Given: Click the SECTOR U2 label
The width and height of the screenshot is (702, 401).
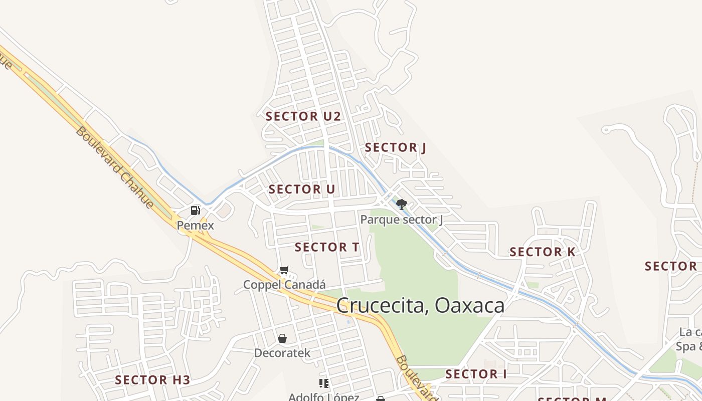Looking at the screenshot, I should [x=303, y=117].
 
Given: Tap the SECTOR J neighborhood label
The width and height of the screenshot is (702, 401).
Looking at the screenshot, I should [x=395, y=148].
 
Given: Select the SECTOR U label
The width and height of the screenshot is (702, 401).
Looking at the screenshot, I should [x=301, y=189].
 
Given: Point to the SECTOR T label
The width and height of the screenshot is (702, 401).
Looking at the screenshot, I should [x=327, y=247].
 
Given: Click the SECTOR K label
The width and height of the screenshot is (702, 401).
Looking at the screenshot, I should [x=543, y=252].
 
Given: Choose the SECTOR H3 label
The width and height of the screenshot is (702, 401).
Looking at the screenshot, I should [x=152, y=380].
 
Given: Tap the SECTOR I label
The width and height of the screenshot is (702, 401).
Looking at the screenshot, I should [x=476, y=374].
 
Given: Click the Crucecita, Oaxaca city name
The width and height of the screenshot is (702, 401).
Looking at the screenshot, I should [x=420, y=305].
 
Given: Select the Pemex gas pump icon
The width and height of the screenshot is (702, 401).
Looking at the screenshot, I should [x=196, y=211].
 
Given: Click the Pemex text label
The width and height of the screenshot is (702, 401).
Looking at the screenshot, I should [x=195, y=226].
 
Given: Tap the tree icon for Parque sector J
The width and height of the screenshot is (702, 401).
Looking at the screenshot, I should [x=401, y=204].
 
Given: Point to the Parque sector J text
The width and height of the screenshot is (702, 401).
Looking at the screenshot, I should [x=401, y=220].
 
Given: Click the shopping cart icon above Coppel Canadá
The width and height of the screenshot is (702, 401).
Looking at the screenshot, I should [x=284, y=271].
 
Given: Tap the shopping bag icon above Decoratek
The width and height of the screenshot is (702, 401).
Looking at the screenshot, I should [x=282, y=338].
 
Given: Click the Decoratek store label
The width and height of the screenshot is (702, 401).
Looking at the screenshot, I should [x=282, y=353].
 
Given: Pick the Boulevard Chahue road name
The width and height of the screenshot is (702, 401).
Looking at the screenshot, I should [x=114, y=167].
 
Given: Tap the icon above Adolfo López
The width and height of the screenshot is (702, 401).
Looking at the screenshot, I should [x=324, y=383].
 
